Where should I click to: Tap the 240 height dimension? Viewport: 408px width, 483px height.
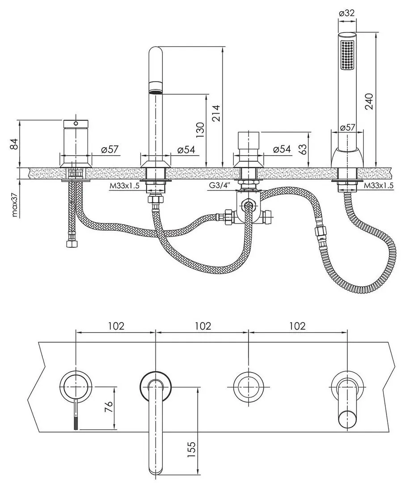369,101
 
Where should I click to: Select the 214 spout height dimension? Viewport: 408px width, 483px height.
216,113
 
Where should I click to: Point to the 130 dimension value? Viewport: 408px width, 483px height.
200,130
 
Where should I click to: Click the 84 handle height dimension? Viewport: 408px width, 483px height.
14,144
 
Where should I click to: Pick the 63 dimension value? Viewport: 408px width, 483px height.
303,149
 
